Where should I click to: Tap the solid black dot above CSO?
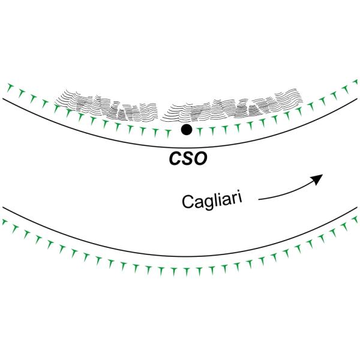[x=187, y=129]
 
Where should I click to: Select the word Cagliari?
[x=212, y=198]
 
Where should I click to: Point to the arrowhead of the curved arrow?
[x=319, y=178]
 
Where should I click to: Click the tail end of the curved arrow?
[x=259, y=197]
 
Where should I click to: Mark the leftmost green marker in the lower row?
[x=5, y=223]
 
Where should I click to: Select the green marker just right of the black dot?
[x=200, y=130]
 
